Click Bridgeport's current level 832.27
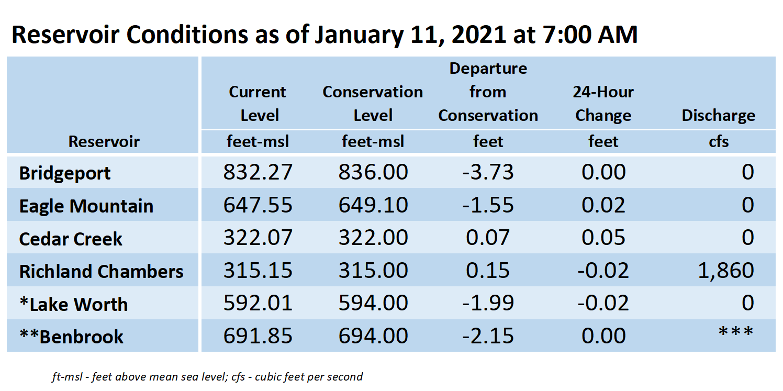258,172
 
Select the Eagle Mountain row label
86,206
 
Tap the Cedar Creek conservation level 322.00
373,238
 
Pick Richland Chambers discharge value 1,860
725,271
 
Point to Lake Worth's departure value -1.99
488,303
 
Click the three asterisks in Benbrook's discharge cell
735,331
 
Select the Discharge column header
718,115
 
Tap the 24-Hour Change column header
603,104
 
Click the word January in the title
359,35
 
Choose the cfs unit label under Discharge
719,142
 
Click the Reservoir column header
104,141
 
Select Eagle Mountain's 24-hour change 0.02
603,205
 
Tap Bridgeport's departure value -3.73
488,172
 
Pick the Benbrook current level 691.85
258,336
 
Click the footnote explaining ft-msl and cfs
207,377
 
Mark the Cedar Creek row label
71,239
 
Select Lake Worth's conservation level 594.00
373,303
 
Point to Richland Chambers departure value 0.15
488,271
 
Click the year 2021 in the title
478,35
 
